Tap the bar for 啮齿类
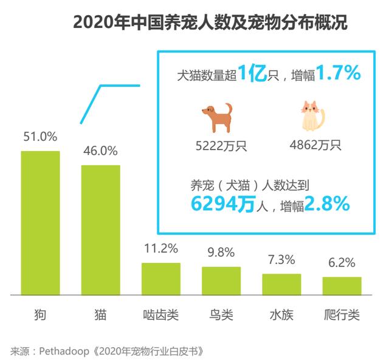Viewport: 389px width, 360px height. pos(160,279)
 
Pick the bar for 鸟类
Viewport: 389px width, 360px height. pos(221,280)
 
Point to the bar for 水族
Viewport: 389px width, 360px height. pos(281,284)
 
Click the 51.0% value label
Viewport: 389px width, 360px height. pos(40,137)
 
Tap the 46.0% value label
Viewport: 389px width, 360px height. pos(100,151)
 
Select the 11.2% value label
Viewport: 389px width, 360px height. pos(160,248)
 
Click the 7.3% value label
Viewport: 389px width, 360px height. pos(281,260)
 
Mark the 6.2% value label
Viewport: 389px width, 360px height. pos(342,263)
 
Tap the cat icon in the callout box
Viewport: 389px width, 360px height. pos(312,117)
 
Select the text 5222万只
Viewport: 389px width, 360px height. pos(217,146)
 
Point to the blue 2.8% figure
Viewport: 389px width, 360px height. pos(326,204)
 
